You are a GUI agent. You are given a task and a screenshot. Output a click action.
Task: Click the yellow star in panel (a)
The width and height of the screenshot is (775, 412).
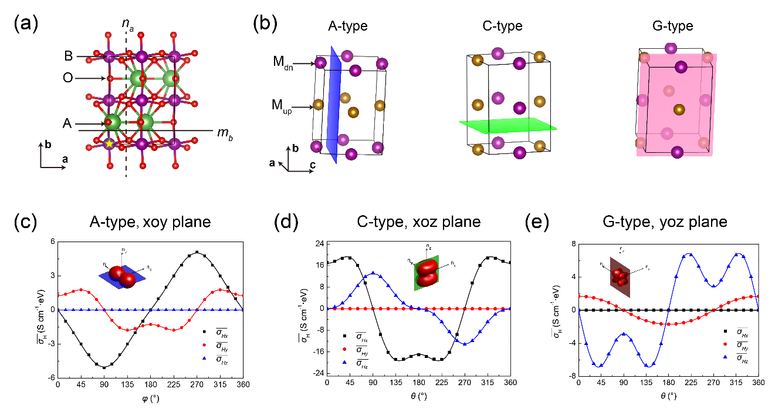tap(109, 143)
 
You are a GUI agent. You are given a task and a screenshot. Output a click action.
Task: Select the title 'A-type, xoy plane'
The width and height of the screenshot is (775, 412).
tap(150, 222)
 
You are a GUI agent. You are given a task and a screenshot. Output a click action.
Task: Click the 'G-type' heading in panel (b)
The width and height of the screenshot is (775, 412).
tap(672, 26)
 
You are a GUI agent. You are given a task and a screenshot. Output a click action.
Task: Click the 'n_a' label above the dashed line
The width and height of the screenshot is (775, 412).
tap(126, 25)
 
